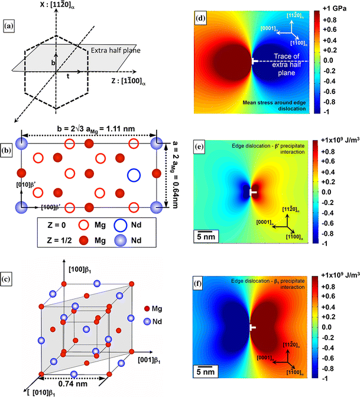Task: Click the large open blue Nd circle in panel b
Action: tap(134, 174)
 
